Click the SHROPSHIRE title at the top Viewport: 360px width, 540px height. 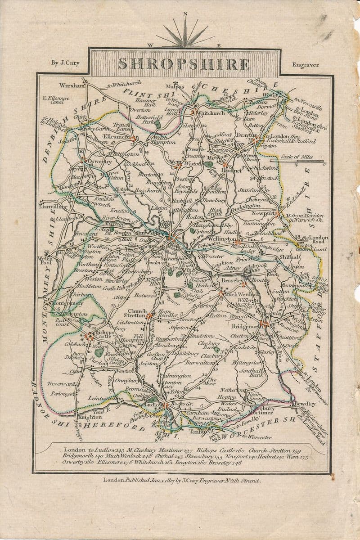tap(184, 64)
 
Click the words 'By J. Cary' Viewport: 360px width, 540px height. tap(65, 63)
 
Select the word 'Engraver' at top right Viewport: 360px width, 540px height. tap(305, 65)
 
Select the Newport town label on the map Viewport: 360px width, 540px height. tap(263, 213)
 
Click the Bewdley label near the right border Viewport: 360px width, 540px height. tap(302, 404)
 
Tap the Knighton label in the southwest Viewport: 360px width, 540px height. tap(89, 417)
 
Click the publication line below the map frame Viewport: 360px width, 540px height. tap(182, 480)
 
